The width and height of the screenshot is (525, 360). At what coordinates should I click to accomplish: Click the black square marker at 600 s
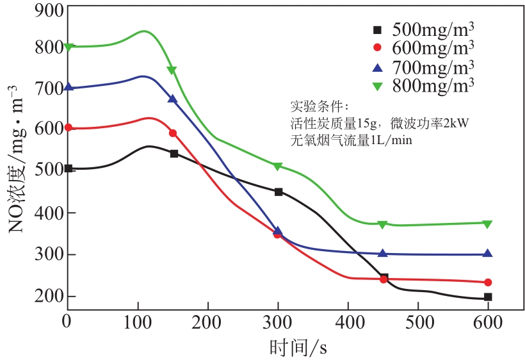click(488, 297)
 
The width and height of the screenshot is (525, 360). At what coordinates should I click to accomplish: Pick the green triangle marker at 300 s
click(278, 167)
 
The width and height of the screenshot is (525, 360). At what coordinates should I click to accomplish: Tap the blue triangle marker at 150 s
click(172, 99)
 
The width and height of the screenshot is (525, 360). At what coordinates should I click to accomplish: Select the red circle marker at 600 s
click(488, 282)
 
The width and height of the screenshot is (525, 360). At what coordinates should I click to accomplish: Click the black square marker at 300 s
click(279, 192)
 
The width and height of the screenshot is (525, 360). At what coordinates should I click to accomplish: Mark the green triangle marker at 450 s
click(382, 225)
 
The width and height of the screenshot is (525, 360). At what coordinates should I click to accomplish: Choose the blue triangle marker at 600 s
click(488, 253)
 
